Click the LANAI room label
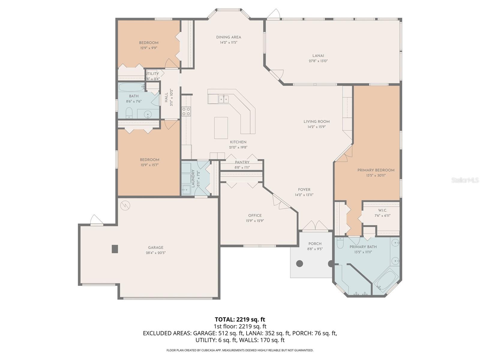pos(318,55)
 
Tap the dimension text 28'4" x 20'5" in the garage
pos(155,253)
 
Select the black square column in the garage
pos(115,249)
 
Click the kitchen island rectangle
pos(221,128)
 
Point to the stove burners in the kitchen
pos(186,111)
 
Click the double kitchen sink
pos(223,98)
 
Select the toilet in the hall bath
pos(129,113)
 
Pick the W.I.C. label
pos(382,210)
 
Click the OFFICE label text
pos(255,215)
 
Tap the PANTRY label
pos(242,162)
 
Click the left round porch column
pos(299,264)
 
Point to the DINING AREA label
pos(229,37)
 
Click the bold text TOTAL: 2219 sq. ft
pos(240,319)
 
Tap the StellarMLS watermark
pos(465,180)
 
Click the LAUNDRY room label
pos(193,178)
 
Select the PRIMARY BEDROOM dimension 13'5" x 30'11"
pos(376,175)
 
